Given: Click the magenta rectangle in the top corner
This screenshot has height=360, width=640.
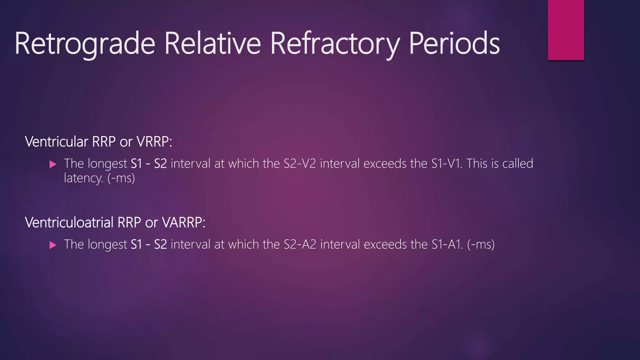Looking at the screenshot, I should coord(566,30).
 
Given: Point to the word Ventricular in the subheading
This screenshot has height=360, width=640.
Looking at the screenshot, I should coord(57,142).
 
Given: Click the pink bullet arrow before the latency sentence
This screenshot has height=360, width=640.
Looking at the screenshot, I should coord(53,164).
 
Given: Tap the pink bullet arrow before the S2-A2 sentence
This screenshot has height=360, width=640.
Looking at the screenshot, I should coord(53,245).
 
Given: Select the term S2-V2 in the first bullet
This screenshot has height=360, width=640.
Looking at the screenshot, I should coord(300,164).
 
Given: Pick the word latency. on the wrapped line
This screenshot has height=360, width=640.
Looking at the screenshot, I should coord(83,178).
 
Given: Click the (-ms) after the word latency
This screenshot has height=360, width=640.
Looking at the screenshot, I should coord(121,178).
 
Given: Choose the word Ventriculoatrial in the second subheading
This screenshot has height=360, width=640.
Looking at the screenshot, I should coord(69,223).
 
